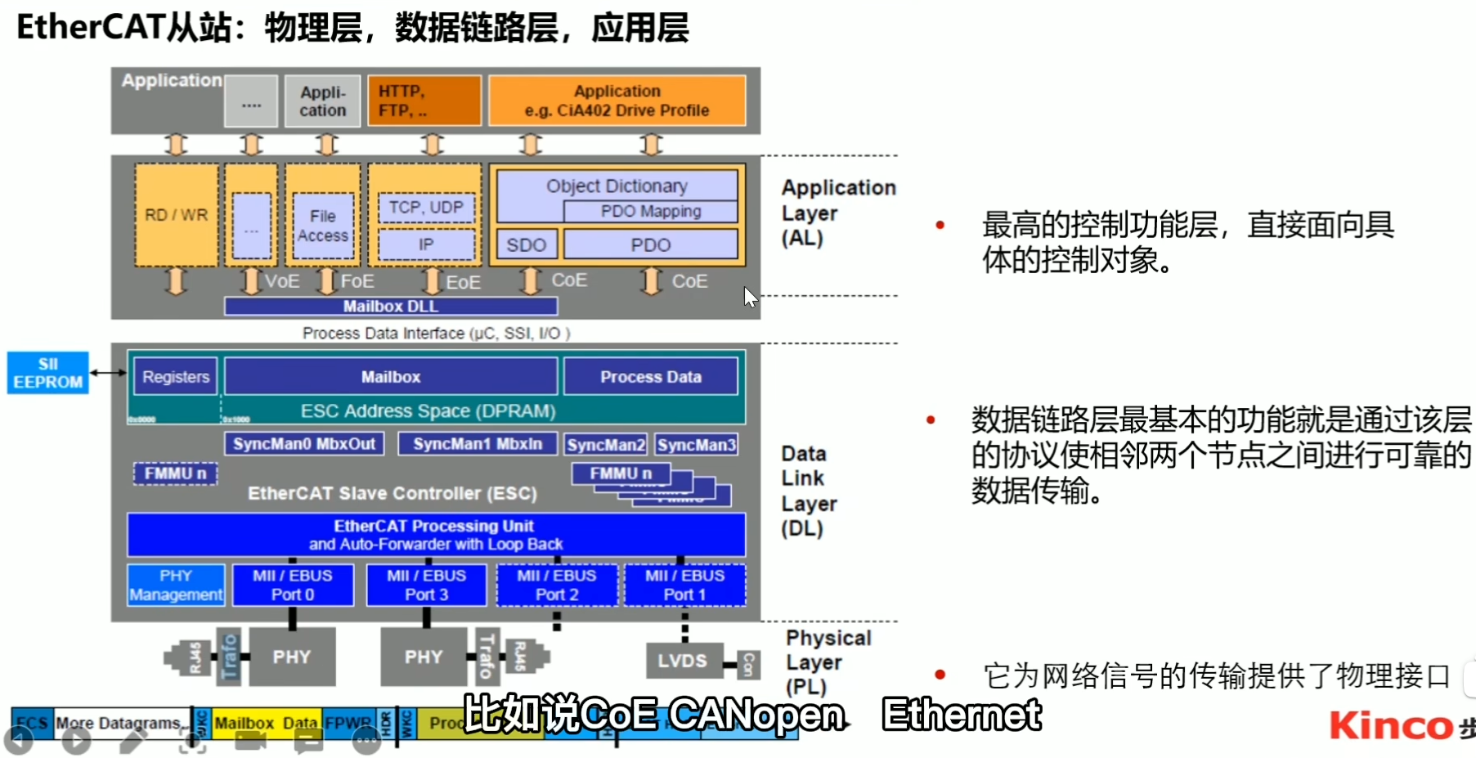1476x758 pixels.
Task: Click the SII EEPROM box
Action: pos(47,373)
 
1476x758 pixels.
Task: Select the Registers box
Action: pos(176,377)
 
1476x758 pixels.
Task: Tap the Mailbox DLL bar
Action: pos(391,307)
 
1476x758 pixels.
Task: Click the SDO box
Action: pos(526,245)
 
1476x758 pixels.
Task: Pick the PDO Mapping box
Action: pos(651,211)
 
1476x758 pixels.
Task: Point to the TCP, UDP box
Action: pos(426,208)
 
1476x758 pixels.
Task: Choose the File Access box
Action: pos(323,226)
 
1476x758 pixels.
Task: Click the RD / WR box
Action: pos(176,215)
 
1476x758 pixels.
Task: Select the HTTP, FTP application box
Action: pos(424,101)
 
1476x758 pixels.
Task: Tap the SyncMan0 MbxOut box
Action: pos(304,444)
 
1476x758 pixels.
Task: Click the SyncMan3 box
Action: pos(697,445)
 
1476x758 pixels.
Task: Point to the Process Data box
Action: pos(651,377)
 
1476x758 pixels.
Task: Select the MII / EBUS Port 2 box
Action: pos(557,585)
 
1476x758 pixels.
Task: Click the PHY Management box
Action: pos(176,585)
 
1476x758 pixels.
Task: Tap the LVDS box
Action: pos(682,661)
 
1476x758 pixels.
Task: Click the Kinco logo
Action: pos(1390,725)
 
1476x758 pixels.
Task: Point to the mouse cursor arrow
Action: pos(750,296)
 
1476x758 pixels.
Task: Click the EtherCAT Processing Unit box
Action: pos(436,535)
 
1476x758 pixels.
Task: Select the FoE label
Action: pos(357,281)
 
